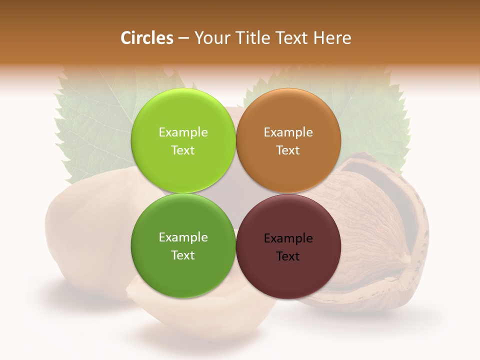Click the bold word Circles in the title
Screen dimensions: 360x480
coord(146,38)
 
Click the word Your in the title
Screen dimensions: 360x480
coord(212,38)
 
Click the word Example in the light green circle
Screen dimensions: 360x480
coord(183,132)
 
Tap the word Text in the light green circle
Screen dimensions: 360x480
coord(183,150)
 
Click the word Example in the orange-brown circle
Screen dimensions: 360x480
coord(288,132)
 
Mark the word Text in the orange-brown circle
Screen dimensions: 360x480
coord(288,150)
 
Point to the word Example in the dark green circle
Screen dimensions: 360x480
coord(183,237)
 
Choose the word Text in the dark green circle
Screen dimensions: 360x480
coord(183,255)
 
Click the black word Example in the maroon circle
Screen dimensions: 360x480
coord(288,238)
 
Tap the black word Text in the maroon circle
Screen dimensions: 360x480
coord(288,256)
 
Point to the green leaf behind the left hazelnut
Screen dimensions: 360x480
coord(95,125)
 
